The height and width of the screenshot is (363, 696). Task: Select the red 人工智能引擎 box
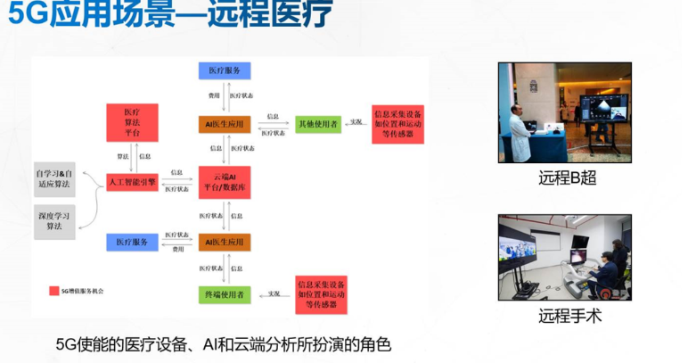[x=132, y=183]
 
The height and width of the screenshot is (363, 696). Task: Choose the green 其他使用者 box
[x=318, y=123]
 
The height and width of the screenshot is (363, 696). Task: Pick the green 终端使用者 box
[x=224, y=294]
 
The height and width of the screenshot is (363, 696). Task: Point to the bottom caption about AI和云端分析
[x=223, y=344]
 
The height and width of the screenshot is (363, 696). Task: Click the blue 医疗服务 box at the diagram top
[x=224, y=70]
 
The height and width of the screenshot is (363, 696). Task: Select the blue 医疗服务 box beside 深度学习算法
[x=132, y=242]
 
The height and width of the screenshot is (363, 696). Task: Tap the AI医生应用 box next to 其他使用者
[x=224, y=123]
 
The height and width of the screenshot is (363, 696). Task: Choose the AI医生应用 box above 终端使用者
[x=224, y=242]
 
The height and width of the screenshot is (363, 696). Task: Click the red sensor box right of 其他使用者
[x=397, y=123]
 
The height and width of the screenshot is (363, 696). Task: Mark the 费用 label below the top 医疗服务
[x=214, y=93]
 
